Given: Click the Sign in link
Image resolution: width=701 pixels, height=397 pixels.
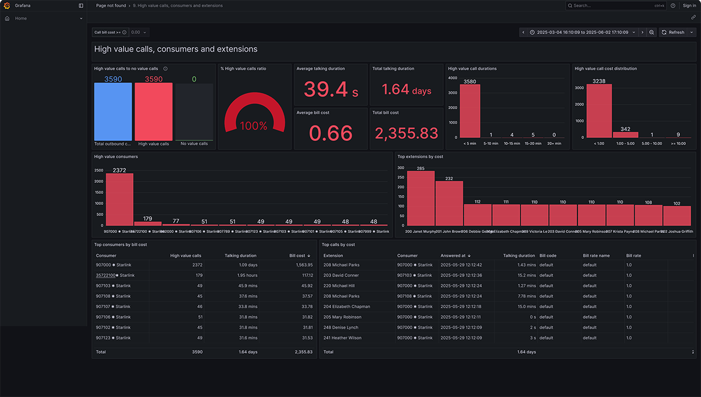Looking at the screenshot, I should (689, 6).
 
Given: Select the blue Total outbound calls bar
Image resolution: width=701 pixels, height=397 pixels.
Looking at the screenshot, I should (113, 112).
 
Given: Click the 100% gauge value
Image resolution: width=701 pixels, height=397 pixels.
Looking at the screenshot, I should (254, 126).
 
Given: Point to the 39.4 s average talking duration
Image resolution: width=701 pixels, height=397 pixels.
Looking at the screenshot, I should (331, 89).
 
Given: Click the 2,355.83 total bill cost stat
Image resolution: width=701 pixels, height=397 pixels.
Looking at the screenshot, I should (406, 134).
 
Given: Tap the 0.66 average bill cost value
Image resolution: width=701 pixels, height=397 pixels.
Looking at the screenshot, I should (331, 134).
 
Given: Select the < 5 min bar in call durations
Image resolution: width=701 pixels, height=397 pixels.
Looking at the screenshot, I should (469, 111).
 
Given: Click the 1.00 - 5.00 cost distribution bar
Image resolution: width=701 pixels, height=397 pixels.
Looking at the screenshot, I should (625, 135).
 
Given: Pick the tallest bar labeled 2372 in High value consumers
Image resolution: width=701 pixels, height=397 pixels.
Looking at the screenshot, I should (119, 199).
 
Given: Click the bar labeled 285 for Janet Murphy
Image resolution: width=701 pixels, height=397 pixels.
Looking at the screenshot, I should (420, 198).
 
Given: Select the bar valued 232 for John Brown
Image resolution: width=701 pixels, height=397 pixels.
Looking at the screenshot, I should (449, 203).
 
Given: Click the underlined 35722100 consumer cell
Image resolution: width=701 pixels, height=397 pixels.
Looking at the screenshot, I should (106, 276).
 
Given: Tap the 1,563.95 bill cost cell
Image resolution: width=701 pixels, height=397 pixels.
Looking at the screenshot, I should (303, 265).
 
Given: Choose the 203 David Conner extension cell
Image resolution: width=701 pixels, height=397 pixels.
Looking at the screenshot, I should (341, 276).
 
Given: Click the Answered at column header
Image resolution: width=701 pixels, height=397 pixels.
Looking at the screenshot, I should (453, 256).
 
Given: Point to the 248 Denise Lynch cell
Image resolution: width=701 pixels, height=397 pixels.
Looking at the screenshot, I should (341, 328).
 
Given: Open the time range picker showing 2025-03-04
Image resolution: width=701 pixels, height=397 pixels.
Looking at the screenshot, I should (582, 33).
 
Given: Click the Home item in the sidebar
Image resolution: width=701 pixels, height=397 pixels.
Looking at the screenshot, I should (21, 19).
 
